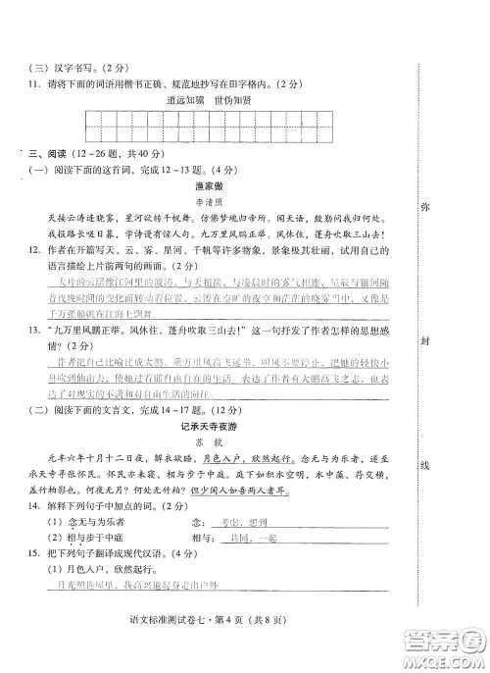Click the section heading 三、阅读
pos(46,153)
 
